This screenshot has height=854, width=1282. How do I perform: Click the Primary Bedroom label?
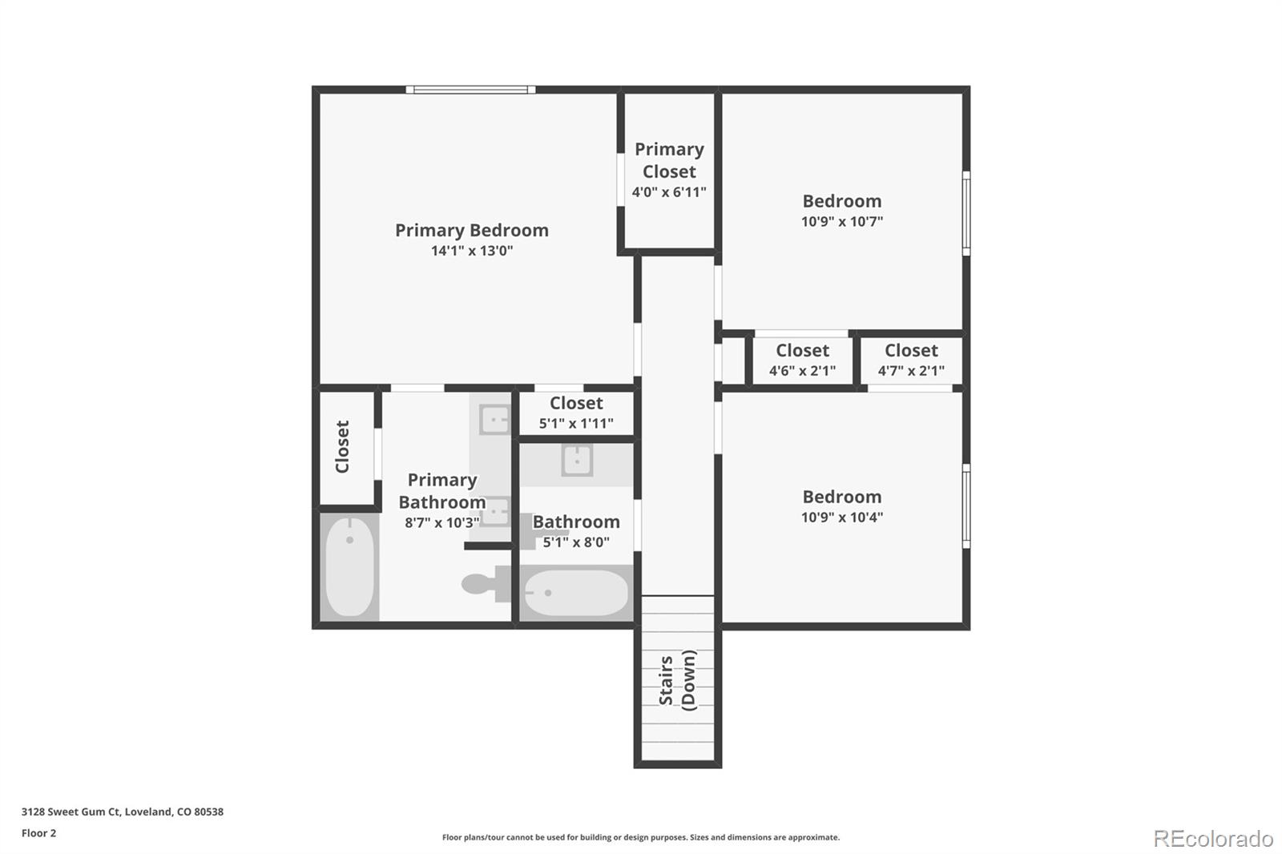[471, 231]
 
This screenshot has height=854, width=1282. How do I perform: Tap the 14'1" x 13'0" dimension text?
[471, 251]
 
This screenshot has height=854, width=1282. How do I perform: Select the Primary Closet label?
[669, 160]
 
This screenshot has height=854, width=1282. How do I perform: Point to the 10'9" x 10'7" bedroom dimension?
[841, 222]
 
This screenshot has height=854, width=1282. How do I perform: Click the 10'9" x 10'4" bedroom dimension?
[841, 518]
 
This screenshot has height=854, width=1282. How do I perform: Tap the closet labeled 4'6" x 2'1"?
[802, 360]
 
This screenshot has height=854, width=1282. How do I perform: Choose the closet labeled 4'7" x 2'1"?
[911, 360]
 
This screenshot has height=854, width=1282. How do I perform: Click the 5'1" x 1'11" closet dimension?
[576, 423]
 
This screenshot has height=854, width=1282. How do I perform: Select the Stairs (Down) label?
[677, 680]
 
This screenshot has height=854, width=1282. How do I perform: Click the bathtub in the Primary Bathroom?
[350, 566]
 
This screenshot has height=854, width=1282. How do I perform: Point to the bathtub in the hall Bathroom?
[575, 593]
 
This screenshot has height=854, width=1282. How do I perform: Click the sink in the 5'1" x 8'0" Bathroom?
[576, 461]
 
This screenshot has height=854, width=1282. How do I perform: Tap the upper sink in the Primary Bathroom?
[494, 419]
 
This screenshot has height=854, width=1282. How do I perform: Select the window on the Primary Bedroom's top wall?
[470, 90]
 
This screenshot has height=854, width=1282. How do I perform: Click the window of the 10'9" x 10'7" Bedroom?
[966, 213]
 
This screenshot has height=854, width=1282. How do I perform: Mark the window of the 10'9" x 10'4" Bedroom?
[966, 506]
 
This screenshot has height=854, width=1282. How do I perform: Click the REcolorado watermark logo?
[1212, 839]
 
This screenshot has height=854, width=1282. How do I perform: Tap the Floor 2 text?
[39, 833]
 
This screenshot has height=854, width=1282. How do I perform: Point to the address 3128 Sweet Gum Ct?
[123, 812]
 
